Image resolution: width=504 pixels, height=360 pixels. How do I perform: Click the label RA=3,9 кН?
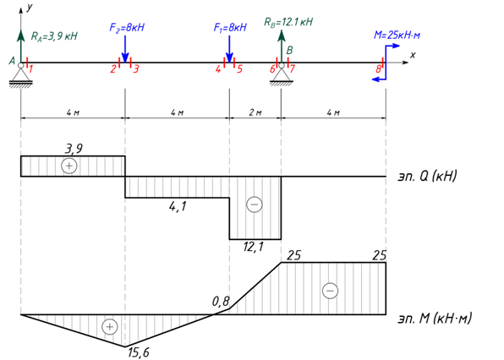coord(54,36)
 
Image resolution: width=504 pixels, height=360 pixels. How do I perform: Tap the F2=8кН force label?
coord(127,28)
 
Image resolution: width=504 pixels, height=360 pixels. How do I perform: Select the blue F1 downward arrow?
coord(229,49)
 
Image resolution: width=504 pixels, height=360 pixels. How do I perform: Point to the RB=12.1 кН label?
coord(288,22)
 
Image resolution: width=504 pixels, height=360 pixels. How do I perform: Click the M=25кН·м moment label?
coord(397,35)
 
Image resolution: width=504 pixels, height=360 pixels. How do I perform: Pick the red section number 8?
coord(379,68)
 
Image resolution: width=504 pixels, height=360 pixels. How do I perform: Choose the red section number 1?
coord(30,68)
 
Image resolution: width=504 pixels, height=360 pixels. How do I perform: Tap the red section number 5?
coord(239,68)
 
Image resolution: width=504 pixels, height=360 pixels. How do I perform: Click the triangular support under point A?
coord(21,75)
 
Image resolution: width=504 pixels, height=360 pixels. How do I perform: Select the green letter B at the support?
coord(289,51)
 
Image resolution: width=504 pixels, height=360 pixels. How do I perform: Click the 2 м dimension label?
coord(255,112)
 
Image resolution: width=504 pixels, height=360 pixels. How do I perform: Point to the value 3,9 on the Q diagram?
coord(74,149)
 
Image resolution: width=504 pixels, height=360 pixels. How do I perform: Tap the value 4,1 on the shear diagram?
coord(178,206)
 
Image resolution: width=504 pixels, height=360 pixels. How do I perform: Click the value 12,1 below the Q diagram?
coord(254,247)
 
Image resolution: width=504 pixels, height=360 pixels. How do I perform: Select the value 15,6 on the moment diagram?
coord(139,352)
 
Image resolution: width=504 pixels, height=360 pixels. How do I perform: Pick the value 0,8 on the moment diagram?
coord(221,301)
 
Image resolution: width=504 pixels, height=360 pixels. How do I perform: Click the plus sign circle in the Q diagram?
coord(69,166)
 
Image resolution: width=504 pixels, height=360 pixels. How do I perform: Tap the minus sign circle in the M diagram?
coord(330,291)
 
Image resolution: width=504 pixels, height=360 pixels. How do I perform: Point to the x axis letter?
coord(413,55)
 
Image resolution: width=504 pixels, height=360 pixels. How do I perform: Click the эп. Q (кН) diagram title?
coord(427,176)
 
